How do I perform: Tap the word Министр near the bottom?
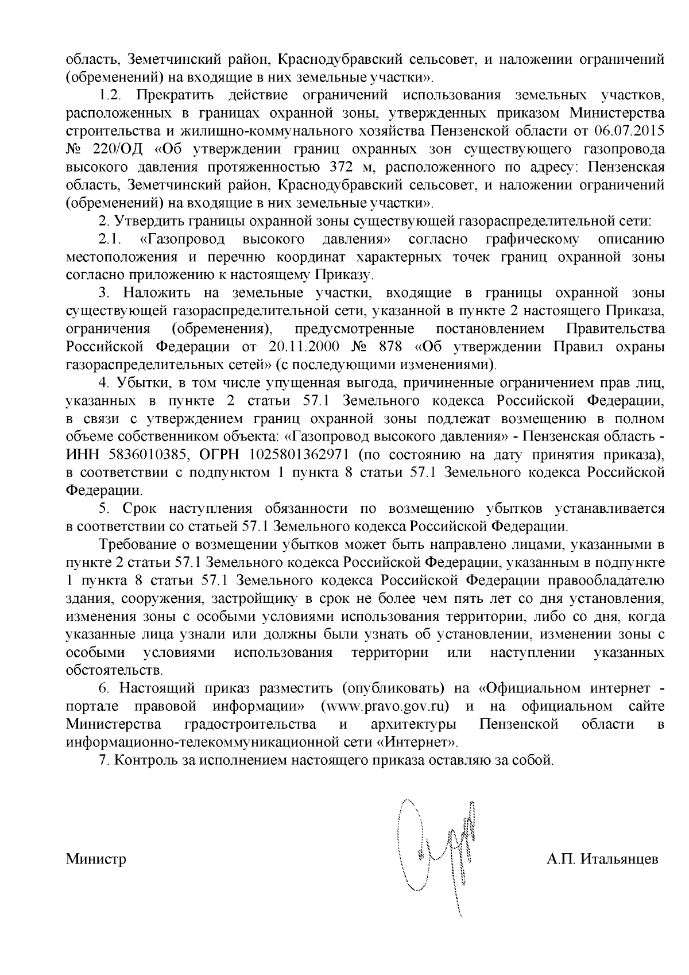96,860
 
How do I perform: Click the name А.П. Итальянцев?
602,860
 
